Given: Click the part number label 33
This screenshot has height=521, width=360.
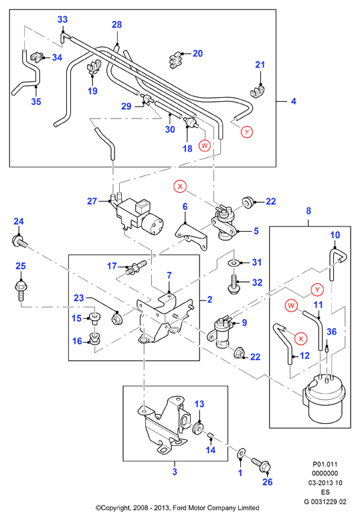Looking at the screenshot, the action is click(x=62, y=19).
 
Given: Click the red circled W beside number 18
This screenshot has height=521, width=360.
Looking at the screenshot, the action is click(x=205, y=145).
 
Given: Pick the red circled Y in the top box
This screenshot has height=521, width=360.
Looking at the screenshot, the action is click(x=247, y=132).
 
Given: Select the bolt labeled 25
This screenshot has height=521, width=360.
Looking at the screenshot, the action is click(x=21, y=291).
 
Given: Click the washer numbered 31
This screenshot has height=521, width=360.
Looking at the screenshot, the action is click(x=234, y=263).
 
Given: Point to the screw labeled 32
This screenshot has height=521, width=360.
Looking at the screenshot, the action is click(x=234, y=284).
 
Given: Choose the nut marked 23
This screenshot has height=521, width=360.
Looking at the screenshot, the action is click(x=116, y=319).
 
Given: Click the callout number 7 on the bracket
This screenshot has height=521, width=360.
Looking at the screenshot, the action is click(x=169, y=275).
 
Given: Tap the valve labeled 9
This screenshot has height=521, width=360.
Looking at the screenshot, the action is click(x=220, y=333).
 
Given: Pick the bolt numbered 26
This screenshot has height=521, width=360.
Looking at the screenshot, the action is click(x=261, y=465).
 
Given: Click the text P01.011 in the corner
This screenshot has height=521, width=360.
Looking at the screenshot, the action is click(x=325, y=464).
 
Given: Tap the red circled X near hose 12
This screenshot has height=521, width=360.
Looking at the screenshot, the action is click(x=301, y=339).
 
